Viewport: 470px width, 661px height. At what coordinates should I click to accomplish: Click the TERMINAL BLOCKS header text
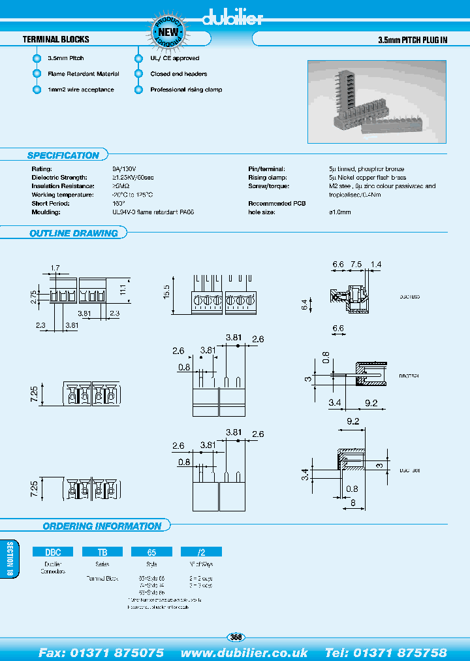click(56, 39)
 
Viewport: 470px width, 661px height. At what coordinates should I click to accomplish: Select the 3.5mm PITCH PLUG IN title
click(413, 40)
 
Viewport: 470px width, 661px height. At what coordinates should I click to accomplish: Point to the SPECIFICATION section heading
click(63, 155)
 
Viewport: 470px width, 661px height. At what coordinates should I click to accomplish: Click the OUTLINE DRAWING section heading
click(74, 233)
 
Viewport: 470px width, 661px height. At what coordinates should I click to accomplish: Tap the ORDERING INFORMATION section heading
click(102, 526)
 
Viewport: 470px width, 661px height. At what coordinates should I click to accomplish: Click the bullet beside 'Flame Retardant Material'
click(37, 74)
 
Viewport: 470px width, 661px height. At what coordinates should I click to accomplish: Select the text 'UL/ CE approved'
click(174, 58)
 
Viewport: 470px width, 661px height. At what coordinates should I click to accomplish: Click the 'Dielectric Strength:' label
click(59, 178)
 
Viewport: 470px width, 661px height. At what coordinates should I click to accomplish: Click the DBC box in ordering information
click(53, 551)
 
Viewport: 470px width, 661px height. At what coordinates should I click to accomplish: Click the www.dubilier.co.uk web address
click(244, 653)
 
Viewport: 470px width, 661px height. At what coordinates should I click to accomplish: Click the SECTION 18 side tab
click(9, 560)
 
